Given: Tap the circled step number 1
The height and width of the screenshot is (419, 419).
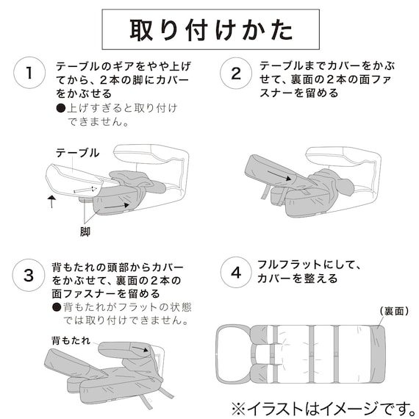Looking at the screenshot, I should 29,73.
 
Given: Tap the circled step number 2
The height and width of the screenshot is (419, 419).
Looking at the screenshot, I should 235,73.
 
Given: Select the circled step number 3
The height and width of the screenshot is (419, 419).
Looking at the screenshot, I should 29,276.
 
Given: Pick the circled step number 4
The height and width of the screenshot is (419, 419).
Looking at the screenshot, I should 235,272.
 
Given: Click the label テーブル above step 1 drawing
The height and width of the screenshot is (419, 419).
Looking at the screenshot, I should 77,152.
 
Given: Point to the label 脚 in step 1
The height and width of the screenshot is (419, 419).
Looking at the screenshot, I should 85,230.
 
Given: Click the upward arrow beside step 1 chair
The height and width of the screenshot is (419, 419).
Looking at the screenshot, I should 51,201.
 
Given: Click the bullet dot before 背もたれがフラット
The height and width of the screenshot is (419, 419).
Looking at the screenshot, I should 57,307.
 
